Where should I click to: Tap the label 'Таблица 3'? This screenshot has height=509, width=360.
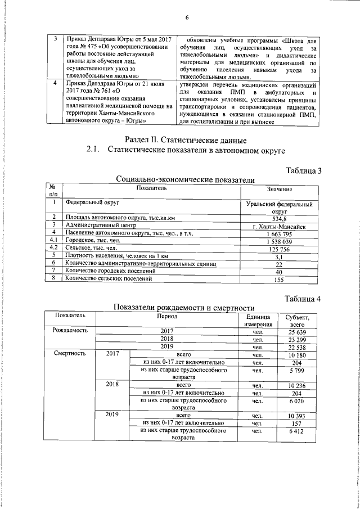click(x=303, y=171)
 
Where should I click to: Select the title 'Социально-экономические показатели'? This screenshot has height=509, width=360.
click(x=185, y=179)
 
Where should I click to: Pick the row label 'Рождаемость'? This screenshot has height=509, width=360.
click(x=71, y=331)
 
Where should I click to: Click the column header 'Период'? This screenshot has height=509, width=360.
click(x=166, y=316)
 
